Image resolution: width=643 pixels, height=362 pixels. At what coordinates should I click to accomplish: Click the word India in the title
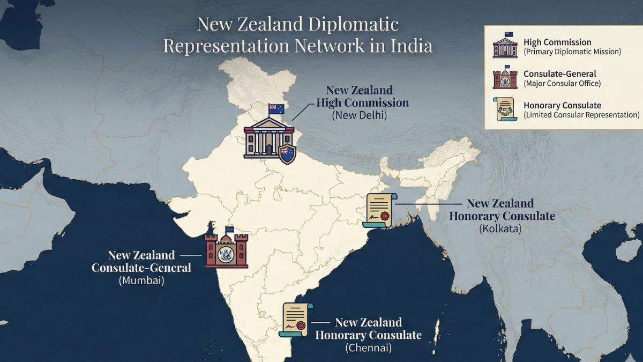tap(410, 46)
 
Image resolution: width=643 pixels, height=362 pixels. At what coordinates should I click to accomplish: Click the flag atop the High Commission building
tap(276, 108)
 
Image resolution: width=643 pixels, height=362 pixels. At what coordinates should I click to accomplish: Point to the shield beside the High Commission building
tap(288, 154)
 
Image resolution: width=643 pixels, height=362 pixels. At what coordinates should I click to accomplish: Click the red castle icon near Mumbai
tap(227, 250)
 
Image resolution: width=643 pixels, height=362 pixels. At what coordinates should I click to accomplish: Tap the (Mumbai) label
tap(141, 280)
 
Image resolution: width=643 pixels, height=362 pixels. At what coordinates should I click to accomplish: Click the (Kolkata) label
tap(500, 228)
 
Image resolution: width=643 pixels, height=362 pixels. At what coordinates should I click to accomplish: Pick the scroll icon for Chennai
tap(296, 320)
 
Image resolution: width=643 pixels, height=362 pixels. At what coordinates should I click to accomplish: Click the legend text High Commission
tap(557, 42)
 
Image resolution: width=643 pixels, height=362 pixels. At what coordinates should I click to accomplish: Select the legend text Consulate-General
tap(559, 74)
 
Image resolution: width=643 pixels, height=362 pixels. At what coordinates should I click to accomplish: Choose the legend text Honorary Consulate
tap(562, 105)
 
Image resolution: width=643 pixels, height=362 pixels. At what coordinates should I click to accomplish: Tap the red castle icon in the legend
tap(505, 78)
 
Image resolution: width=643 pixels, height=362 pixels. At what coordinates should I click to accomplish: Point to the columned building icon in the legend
tap(505, 46)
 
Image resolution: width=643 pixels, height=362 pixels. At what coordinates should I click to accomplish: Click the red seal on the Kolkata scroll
tap(384, 216)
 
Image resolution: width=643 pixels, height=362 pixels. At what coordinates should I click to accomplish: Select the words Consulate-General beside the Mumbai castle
tap(141, 267)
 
